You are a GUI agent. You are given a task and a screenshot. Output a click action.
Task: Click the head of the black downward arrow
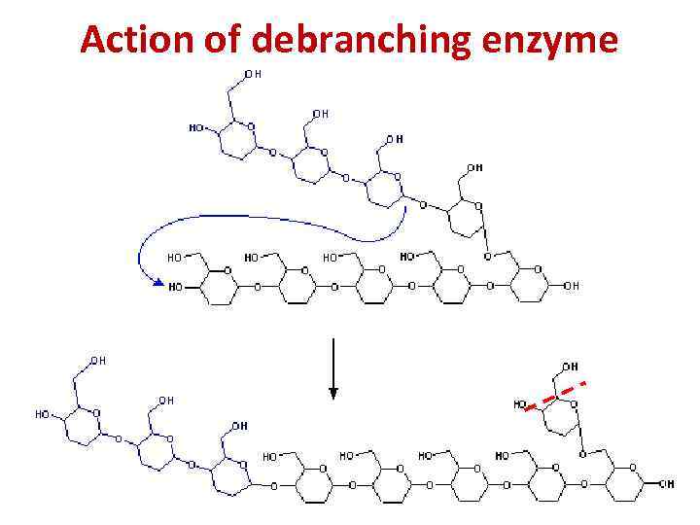[333, 394]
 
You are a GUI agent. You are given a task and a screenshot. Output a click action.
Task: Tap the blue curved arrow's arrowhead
[157, 282]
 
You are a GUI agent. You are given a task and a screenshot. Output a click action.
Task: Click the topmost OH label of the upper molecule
[253, 74]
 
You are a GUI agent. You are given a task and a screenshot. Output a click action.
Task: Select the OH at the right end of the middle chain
[571, 286]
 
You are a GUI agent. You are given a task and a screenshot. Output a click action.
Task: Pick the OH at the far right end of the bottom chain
[667, 483]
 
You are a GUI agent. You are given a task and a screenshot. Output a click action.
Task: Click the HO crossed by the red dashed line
[521, 403]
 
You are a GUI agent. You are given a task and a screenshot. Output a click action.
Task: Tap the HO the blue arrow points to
[175, 287]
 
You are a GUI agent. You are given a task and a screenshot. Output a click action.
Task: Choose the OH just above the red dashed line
[570, 367]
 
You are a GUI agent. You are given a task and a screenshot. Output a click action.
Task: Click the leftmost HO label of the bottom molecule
[43, 413]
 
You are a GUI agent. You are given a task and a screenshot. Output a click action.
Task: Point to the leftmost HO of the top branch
[195, 127]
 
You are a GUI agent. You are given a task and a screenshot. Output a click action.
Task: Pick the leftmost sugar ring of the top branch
[236, 140]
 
